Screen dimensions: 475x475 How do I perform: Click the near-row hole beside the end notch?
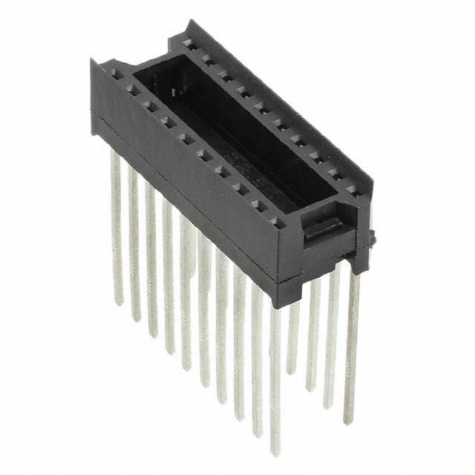click(275, 220)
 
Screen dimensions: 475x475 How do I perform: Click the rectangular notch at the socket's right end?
click(323, 226)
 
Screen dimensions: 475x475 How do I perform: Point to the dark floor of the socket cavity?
click(245, 141)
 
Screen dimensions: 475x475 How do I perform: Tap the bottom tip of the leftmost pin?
click(118, 302)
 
